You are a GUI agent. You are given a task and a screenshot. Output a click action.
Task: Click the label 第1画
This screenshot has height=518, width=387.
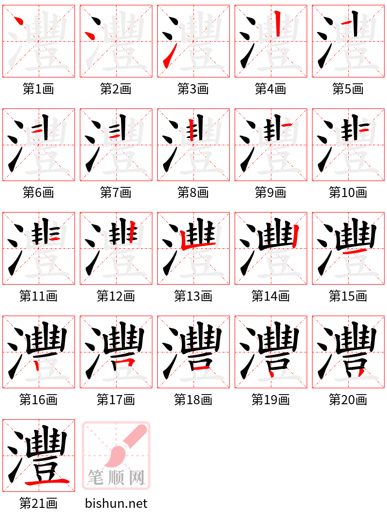point(38,89)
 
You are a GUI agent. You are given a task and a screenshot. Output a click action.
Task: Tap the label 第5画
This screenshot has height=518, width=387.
point(348,89)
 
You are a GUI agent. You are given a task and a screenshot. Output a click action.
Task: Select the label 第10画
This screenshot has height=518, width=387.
point(348,193)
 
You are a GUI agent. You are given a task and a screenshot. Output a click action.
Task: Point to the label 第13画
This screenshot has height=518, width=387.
point(193,296)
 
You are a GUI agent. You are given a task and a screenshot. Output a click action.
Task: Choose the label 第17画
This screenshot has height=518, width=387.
point(116,400)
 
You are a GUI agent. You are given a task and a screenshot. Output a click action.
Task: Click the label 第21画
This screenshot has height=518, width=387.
point(38,503)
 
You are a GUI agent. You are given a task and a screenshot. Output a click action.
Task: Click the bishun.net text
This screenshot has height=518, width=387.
point(116,503)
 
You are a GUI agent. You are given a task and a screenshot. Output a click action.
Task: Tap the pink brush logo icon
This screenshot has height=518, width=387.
point(116,455)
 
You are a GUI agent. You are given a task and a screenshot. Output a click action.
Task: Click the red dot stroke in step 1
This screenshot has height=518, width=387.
point(19,21)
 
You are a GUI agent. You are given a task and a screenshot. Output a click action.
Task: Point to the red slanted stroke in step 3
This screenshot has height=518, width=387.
point(167,61)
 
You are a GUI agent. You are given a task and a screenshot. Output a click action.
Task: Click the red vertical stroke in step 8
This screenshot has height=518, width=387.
point(192,129)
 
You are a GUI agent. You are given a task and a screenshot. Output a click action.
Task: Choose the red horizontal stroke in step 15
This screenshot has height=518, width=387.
point(354,252)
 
